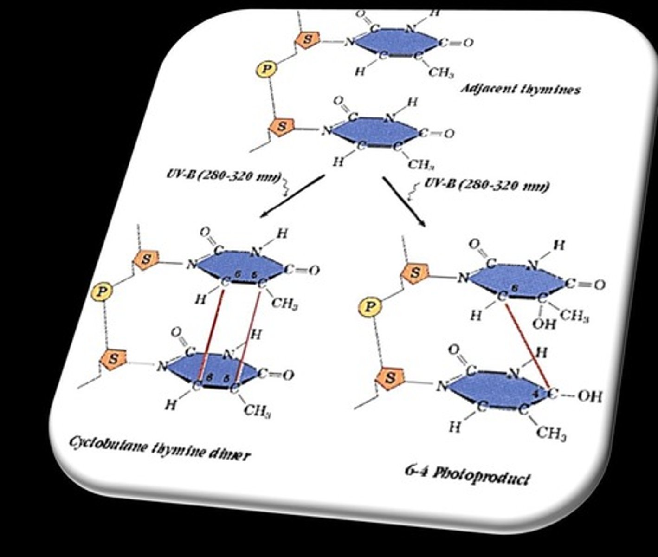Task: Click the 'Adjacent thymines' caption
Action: click(x=520, y=89)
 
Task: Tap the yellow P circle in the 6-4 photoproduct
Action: click(x=370, y=306)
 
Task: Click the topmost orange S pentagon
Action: click(x=307, y=40)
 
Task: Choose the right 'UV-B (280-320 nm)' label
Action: click(x=487, y=186)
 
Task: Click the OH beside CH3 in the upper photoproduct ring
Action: click(x=543, y=324)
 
